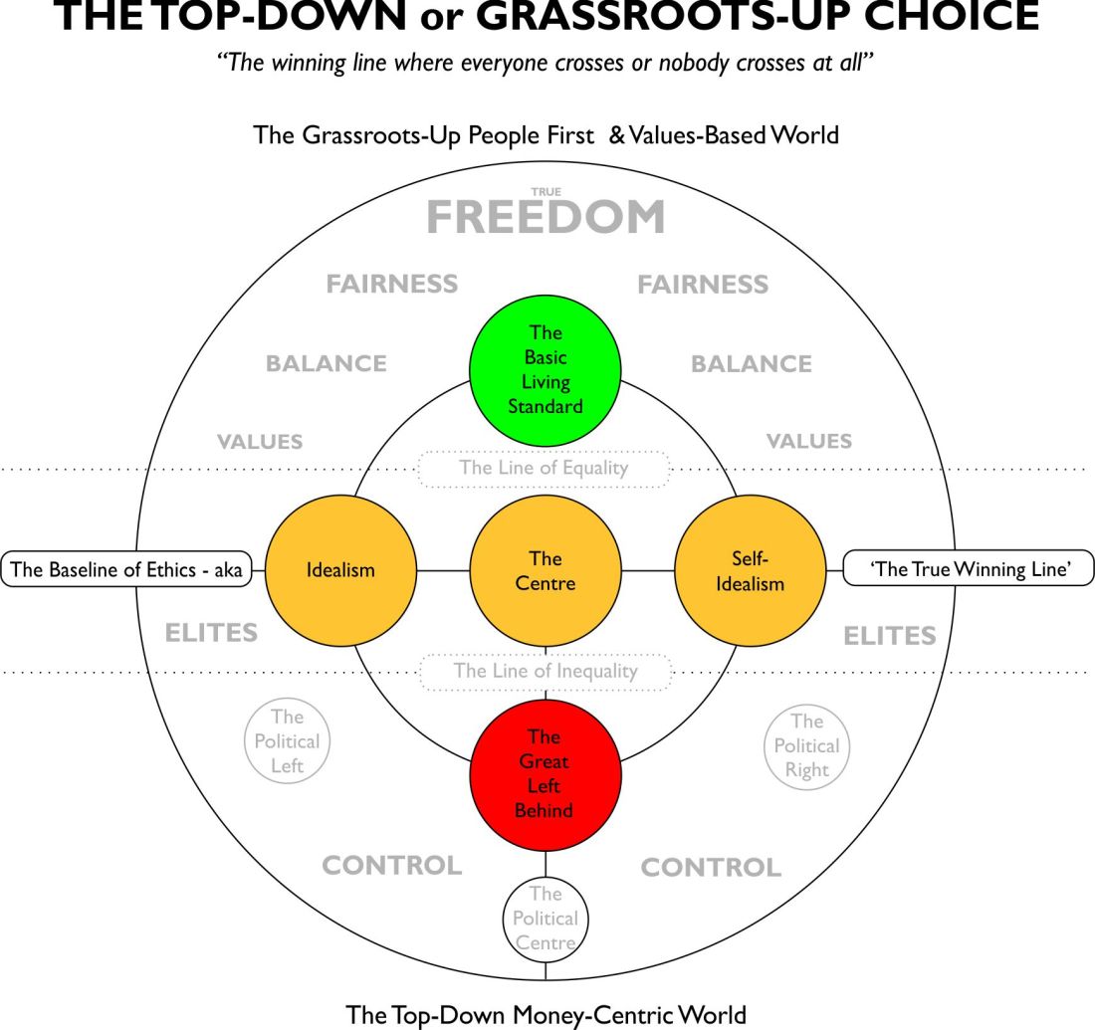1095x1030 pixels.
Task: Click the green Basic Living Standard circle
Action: pyautogui.click(x=546, y=369)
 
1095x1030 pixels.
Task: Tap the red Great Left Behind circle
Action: pyautogui.click(x=545, y=774)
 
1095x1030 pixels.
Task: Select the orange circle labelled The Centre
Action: pyautogui.click(x=545, y=571)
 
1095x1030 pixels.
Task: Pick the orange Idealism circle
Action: pyautogui.click(x=340, y=571)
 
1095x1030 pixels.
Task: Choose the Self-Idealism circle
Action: pyautogui.click(x=750, y=571)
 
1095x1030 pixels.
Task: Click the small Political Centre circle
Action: pyautogui.click(x=545, y=918)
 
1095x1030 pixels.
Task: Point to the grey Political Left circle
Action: pyautogui.click(x=287, y=741)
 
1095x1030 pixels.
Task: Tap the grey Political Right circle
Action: pyautogui.click(x=806, y=745)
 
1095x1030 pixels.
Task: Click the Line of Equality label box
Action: pyautogui.click(x=544, y=468)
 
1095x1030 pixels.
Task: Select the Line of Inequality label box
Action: pyautogui.click(x=545, y=671)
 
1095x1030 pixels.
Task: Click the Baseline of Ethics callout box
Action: pyautogui.click(x=126, y=570)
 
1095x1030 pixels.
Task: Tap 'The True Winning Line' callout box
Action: pyautogui.click(x=968, y=570)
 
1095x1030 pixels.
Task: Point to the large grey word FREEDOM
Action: pyautogui.click(x=546, y=218)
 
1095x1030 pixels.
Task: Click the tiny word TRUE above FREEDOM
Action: pyautogui.click(x=546, y=192)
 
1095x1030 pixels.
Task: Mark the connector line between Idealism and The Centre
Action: pyautogui.click(x=442, y=571)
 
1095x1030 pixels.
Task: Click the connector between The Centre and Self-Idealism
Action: pyautogui.click(x=647, y=571)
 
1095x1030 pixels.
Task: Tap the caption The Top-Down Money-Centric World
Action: pyautogui.click(x=546, y=1014)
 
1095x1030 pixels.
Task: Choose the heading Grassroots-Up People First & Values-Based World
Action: pyautogui.click(x=546, y=134)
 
